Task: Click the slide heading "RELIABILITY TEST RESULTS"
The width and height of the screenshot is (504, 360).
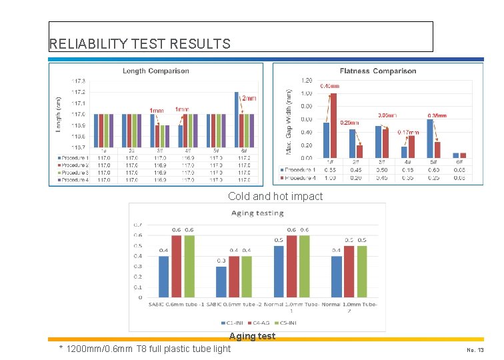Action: (140, 44)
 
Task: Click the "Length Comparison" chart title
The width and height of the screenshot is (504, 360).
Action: (155, 71)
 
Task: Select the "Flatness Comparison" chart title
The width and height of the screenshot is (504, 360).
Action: (378, 71)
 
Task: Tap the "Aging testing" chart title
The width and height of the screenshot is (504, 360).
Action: (257, 213)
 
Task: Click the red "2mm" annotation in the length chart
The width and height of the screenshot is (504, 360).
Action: (248, 99)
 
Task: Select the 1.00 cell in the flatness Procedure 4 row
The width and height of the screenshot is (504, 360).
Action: (329, 177)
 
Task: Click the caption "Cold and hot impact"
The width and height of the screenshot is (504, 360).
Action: (275, 196)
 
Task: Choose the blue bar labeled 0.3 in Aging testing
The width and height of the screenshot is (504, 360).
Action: (221, 281)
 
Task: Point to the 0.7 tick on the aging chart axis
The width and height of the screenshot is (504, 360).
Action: (137, 225)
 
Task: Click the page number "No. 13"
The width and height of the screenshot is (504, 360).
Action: (475, 349)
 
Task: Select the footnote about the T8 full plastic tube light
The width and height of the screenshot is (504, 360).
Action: (145, 349)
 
